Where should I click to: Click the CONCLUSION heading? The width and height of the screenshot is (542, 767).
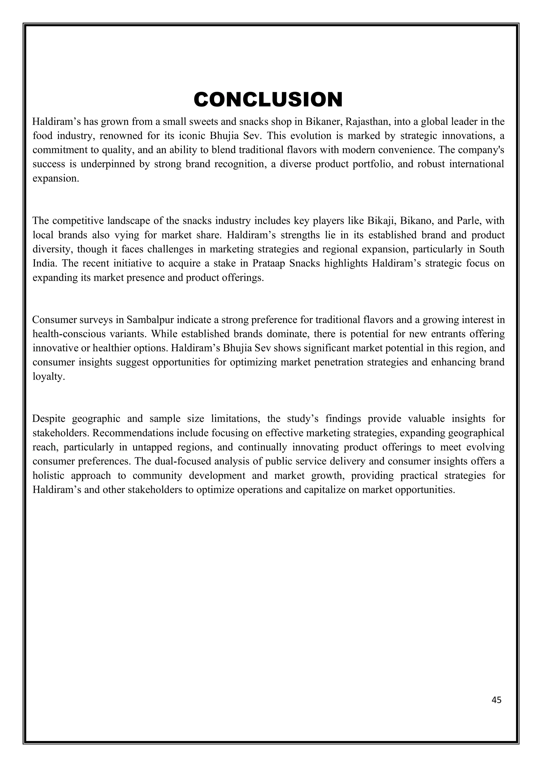(268, 100)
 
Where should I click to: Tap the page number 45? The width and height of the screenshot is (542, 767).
(496, 700)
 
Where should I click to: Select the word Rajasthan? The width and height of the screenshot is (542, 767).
(367, 122)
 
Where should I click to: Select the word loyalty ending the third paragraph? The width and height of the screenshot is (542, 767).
(48, 377)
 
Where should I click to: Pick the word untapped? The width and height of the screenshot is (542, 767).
(152, 447)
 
